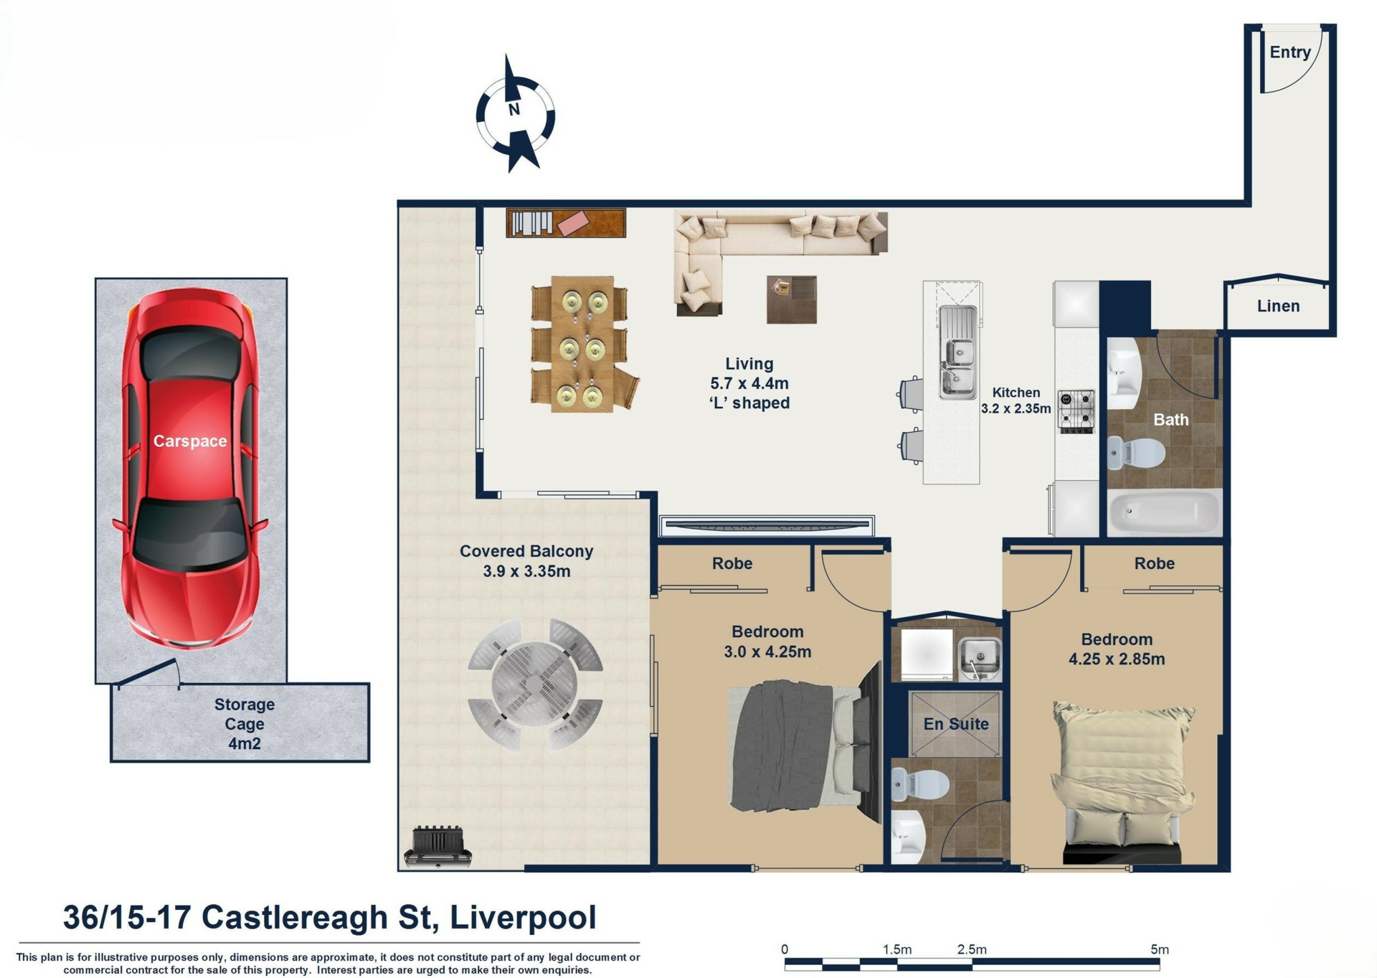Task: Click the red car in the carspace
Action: coord(189,470)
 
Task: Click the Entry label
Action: coord(1290,52)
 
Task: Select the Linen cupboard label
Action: coord(1278,306)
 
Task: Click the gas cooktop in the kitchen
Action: coord(1076,411)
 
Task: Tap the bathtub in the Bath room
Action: coord(1163,512)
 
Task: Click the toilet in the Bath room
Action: coord(1136,453)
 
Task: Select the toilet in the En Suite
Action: coord(920,784)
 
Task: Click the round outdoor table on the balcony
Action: coord(534,685)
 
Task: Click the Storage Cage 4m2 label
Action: coord(245,724)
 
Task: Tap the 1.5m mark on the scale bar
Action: coord(896,949)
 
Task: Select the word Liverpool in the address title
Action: coord(523,917)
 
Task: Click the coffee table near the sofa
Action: coord(792,299)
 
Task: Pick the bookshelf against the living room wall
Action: coord(566,222)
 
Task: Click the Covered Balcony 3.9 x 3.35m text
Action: coord(526,561)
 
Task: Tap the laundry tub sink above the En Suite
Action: coord(980,659)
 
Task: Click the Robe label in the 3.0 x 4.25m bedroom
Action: coord(732,563)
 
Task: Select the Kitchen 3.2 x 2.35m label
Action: coord(1016,400)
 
